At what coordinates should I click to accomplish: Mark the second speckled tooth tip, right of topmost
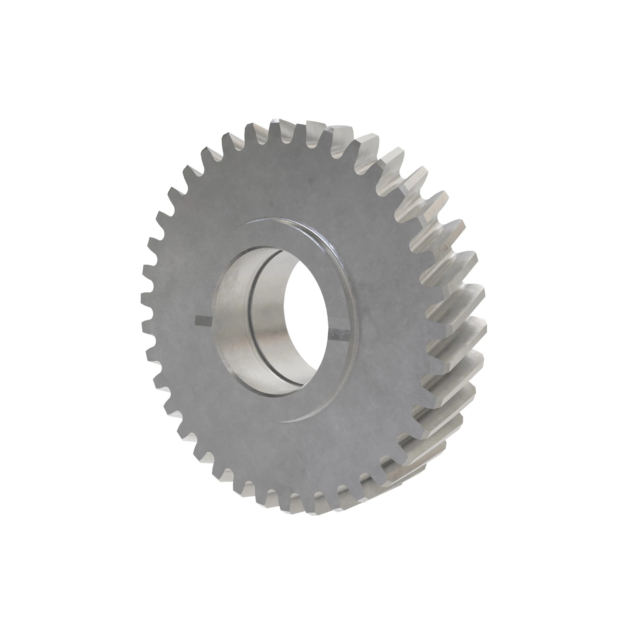click(341, 130)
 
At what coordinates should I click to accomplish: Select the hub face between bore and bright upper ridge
click(297, 234)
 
